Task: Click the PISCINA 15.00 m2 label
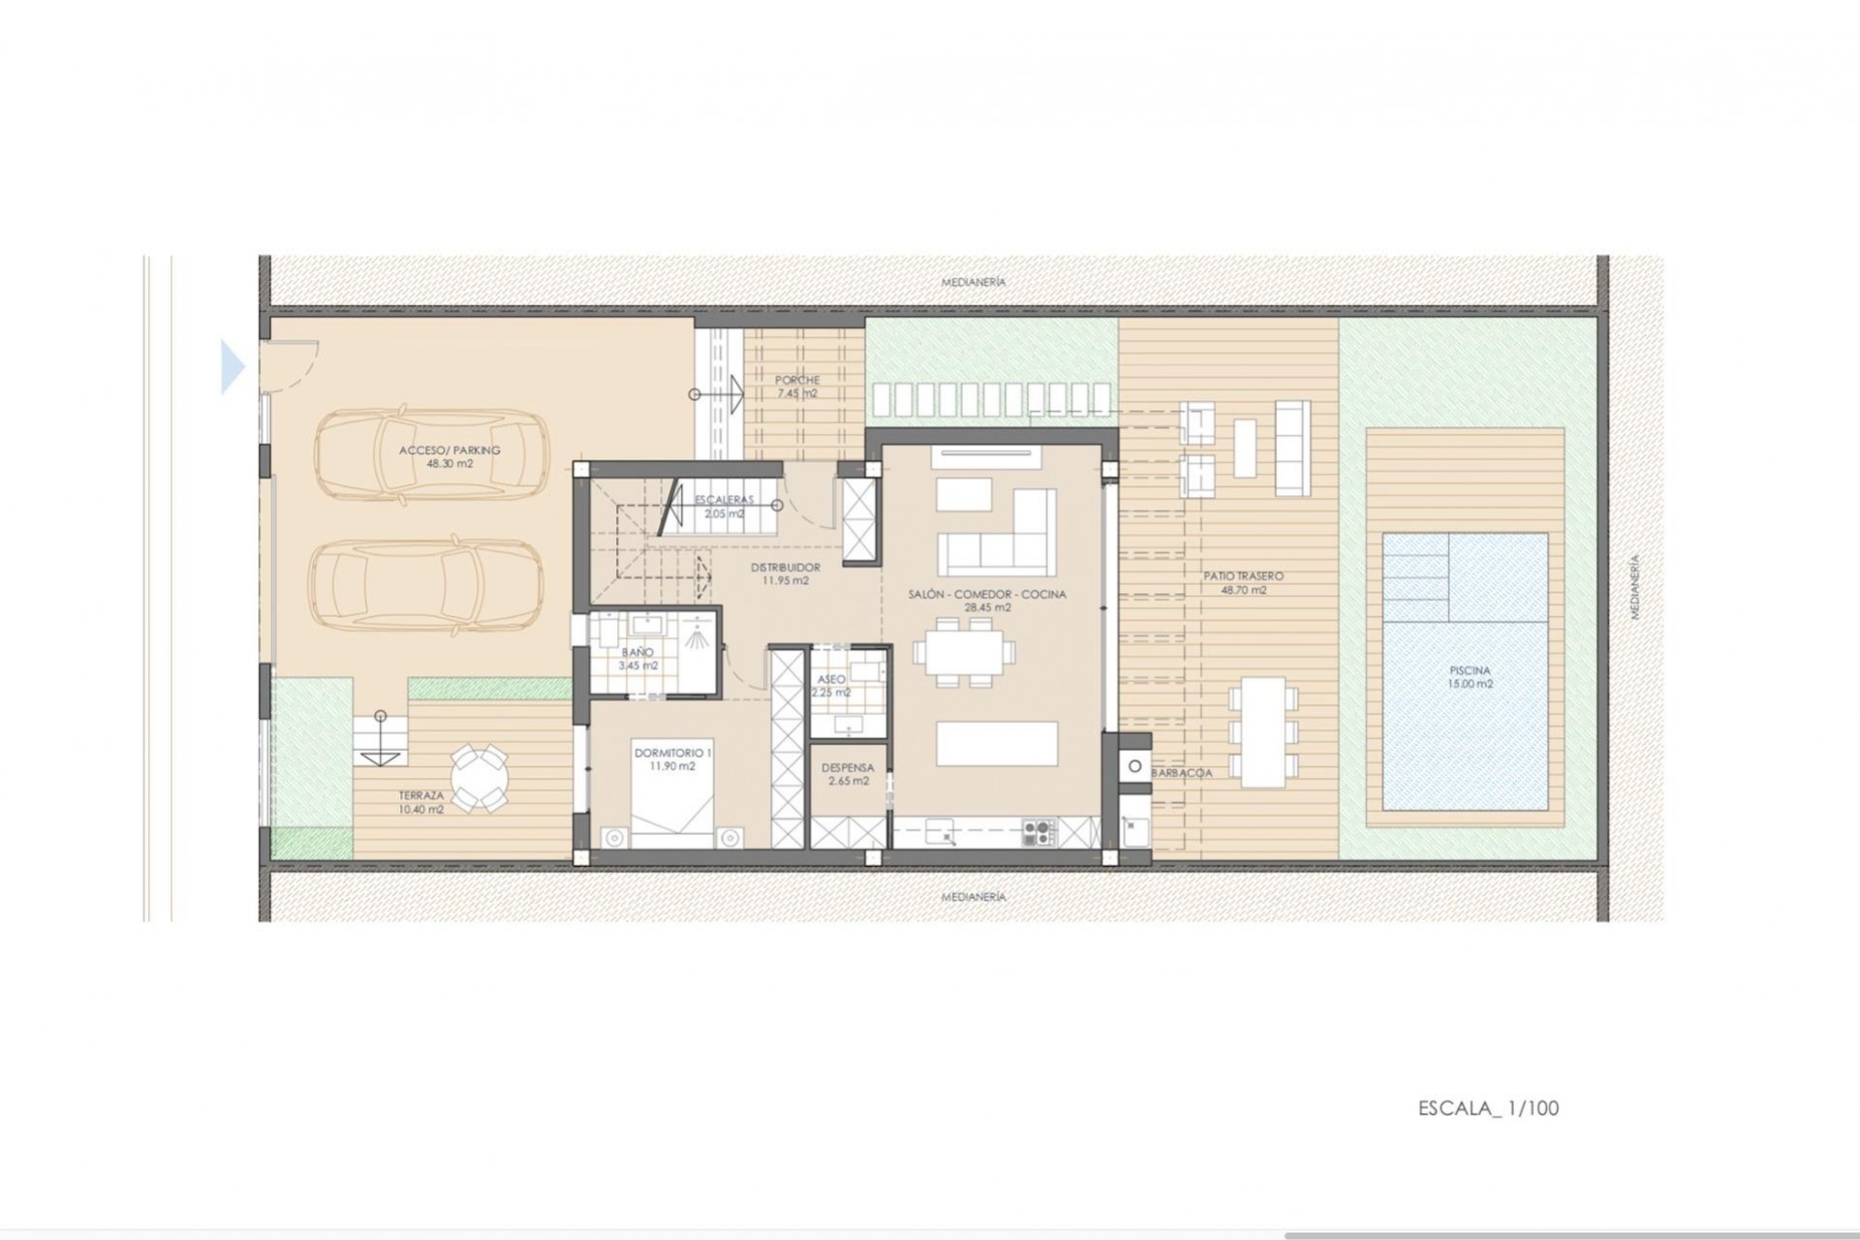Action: point(1470,676)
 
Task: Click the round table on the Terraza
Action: point(479,776)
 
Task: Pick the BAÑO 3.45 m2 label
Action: point(637,659)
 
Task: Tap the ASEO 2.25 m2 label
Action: point(831,686)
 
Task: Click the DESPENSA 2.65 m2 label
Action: point(848,774)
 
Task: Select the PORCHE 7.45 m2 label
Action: point(796,387)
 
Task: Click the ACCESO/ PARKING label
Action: point(449,456)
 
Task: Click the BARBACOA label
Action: point(1182,773)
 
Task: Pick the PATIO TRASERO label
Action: point(1243,582)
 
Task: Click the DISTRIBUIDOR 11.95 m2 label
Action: point(786,573)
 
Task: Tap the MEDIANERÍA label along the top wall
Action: point(974,282)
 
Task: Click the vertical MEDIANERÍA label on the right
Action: point(1634,587)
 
